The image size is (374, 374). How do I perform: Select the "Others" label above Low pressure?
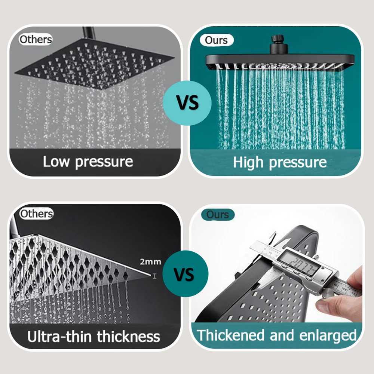click(x=36, y=39)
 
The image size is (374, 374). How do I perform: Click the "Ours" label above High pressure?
click(x=217, y=40)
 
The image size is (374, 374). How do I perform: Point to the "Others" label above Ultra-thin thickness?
click(x=36, y=214)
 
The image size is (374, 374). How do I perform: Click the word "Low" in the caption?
click(x=56, y=162)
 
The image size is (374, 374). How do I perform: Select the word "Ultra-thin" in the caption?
click(x=59, y=336)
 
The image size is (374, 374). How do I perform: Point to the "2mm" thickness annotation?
click(x=151, y=262)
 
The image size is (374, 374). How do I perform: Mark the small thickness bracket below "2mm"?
click(x=154, y=276)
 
